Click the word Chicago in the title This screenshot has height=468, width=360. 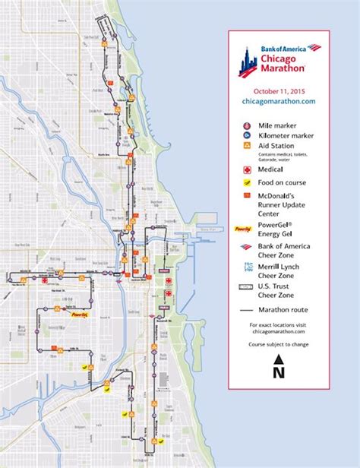point(279,58)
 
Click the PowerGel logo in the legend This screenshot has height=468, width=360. point(245,227)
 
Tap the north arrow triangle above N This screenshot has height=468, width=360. point(279,360)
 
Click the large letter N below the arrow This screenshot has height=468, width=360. point(279,372)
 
